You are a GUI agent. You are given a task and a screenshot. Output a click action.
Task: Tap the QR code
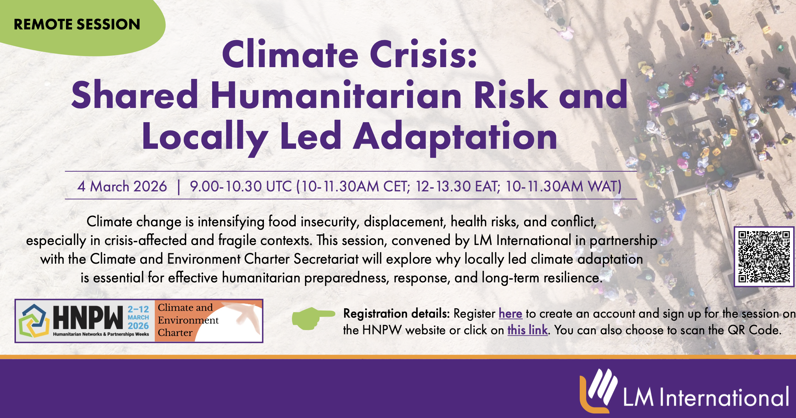(764, 257)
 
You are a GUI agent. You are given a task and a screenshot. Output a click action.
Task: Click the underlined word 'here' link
(510, 313)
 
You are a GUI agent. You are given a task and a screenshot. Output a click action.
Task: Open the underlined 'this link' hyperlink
(528, 330)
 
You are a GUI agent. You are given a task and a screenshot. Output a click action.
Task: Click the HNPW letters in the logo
(88, 317)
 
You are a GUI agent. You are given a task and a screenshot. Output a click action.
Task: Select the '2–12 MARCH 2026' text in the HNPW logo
(138, 318)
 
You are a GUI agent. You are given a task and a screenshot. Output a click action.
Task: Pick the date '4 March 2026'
(122, 187)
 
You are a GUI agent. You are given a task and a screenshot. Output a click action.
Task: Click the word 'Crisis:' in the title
(424, 55)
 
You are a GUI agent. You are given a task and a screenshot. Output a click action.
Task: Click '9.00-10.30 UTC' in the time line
(241, 187)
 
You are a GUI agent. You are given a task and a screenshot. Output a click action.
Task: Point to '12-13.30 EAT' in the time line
(457, 187)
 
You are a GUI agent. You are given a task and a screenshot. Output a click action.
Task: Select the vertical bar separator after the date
(179, 187)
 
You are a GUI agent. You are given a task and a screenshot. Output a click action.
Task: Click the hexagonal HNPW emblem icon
(32, 321)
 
